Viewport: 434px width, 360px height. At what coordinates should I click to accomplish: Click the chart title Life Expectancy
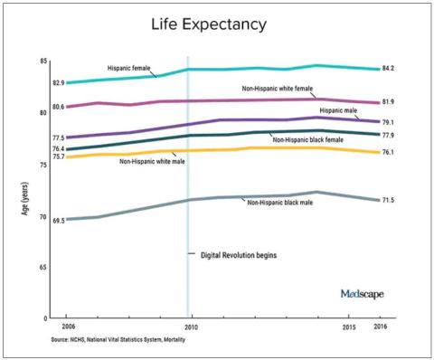(209, 24)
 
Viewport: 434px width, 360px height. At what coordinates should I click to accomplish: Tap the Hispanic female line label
(129, 68)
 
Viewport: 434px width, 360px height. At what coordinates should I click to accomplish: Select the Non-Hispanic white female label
(278, 89)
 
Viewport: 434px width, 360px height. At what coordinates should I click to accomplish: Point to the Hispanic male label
(338, 110)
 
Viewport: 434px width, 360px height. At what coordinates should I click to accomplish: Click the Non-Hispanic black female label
(308, 139)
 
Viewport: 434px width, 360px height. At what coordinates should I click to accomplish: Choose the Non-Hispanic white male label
(152, 161)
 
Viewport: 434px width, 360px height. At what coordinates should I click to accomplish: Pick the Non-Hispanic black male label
(280, 203)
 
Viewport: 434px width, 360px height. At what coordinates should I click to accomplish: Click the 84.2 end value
(388, 69)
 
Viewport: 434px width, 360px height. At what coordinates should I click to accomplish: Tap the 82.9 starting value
(59, 82)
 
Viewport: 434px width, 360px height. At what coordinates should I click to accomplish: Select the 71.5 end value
(388, 200)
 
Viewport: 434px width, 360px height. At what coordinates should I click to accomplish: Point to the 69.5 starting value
(59, 221)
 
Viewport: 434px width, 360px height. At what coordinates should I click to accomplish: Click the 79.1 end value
(388, 122)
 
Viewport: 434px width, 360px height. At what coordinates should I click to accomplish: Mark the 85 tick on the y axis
(43, 62)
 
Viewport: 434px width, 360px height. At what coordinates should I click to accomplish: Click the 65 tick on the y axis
(43, 268)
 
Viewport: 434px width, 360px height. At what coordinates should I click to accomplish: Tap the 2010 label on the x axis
(192, 327)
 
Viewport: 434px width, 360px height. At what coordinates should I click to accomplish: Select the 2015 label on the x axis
(349, 327)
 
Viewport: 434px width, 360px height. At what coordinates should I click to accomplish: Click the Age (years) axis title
(25, 199)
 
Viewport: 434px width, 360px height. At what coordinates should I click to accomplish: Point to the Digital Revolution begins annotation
(239, 255)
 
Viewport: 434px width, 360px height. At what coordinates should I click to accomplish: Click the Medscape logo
(363, 294)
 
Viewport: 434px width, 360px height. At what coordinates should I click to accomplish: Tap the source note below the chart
(118, 339)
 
